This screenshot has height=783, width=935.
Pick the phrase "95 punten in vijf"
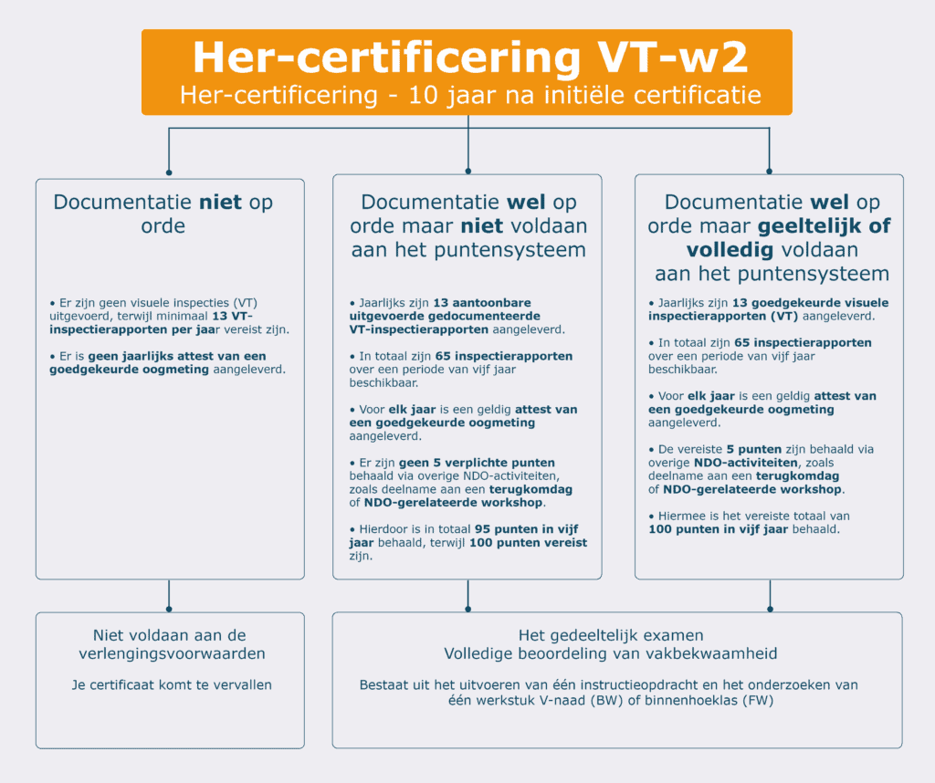526,529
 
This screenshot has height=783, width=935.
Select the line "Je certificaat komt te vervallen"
172,684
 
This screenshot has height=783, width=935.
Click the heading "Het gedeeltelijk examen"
611,635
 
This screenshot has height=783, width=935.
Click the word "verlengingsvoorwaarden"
170,653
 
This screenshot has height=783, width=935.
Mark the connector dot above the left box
169,172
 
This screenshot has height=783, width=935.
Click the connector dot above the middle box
467,171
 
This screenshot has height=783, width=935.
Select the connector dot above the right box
769,171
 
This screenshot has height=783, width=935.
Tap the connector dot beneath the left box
169,609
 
